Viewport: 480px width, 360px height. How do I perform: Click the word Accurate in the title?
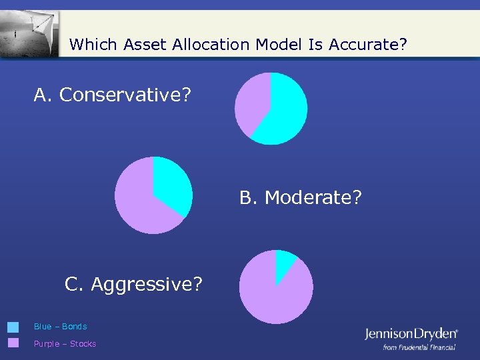click(367, 45)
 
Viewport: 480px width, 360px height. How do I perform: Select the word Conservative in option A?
click(125, 95)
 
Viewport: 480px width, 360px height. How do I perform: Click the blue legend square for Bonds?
click(13, 327)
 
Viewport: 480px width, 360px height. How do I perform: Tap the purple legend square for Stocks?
click(13, 343)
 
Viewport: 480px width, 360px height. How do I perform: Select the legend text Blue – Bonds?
click(60, 327)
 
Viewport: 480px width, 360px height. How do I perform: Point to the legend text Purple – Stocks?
click(65, 344)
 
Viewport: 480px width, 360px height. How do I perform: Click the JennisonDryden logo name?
click(411, 334)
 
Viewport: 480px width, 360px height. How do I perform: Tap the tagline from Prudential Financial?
click(419, 347)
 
